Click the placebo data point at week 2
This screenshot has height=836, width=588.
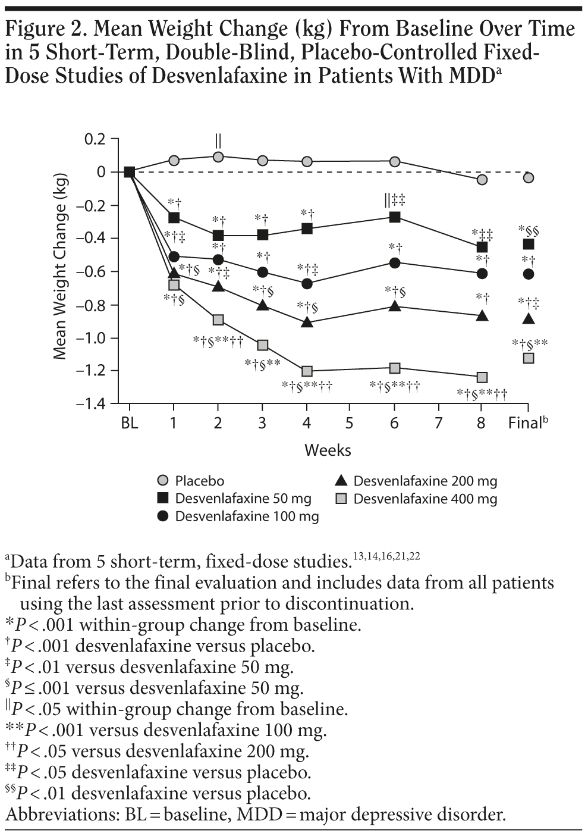tap(218, 156)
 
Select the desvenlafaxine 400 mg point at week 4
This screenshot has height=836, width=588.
tap(307, 371)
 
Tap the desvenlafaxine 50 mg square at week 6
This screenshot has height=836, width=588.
tap(394, 217)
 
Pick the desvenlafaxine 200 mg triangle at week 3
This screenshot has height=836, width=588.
tap(263, 305)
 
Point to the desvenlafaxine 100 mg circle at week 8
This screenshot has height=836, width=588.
tap(482, 273)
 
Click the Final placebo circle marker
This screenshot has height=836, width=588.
tap(528, 177)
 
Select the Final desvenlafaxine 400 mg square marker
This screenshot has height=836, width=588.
tap(528, 358)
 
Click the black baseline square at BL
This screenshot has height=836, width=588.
tap(129, 173)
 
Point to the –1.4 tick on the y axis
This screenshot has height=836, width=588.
tap(90, 403)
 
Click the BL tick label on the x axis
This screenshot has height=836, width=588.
tap(129, 423)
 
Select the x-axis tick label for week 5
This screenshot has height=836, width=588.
tap(350, 423)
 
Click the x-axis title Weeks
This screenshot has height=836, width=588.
tap(328, 450)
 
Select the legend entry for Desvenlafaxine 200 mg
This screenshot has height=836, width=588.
tap(425, 481)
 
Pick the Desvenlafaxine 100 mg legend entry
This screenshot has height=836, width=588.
tap(246, 516)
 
